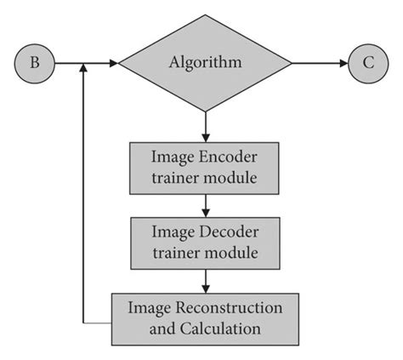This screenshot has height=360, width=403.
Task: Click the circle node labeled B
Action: [35, 63]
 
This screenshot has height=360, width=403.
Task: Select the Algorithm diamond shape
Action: [205, 63]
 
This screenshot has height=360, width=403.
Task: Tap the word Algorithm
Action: [205, 63]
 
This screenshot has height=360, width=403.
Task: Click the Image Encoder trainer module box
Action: [204, 168]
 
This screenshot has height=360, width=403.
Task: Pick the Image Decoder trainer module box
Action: [204, 243]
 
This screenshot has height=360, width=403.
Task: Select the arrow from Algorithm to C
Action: [319, 63]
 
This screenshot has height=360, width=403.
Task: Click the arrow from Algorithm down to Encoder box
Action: [205, 125]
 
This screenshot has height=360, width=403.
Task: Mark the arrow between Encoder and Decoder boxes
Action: [205, 205]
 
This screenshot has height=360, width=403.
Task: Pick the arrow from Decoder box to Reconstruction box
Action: [205, 280]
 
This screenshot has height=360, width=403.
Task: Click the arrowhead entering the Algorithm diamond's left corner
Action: [112, 63]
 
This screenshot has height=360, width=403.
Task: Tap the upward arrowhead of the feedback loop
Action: [82, 71]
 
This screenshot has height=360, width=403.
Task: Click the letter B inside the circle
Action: [35, 63]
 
